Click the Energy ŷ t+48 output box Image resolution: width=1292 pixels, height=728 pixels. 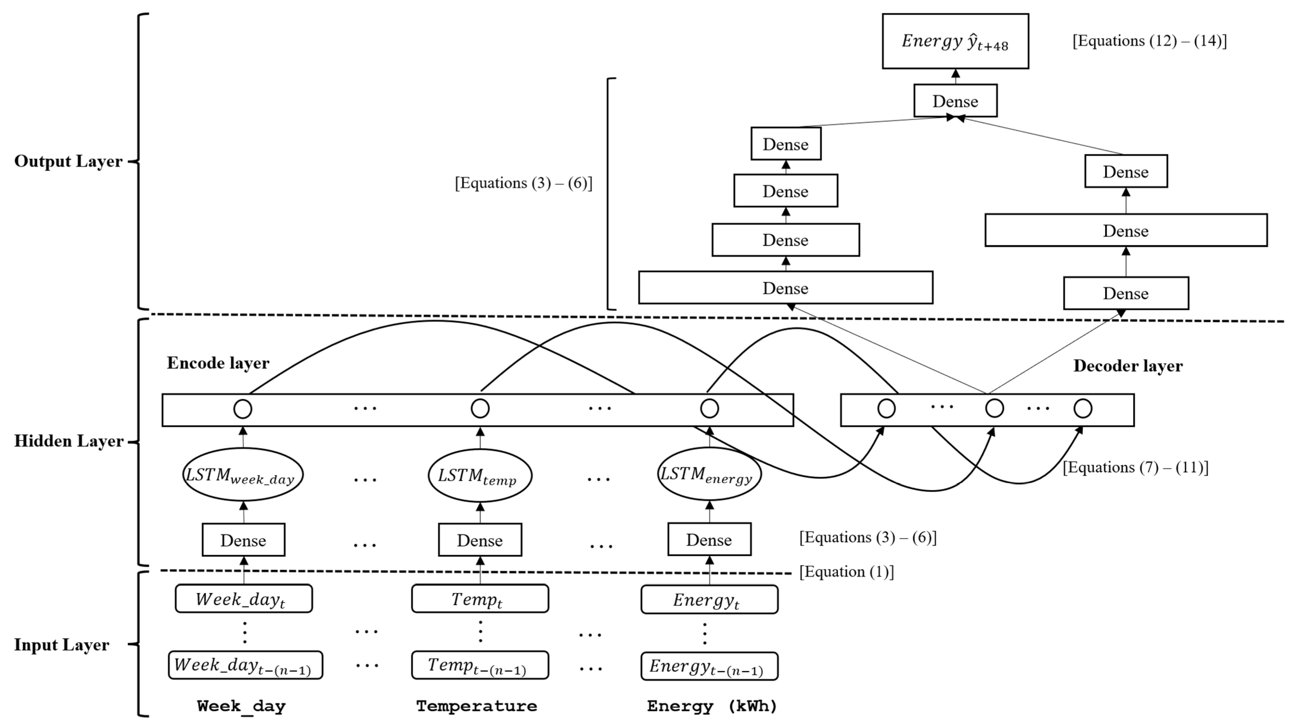(x=955, y=41)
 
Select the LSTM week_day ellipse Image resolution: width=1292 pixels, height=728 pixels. (x=243, y=474)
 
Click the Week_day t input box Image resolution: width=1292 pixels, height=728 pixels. (x=243, y=599)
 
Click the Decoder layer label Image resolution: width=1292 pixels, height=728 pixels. (x=1128, y=366)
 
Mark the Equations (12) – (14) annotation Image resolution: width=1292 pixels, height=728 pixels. (x=1149, y=41)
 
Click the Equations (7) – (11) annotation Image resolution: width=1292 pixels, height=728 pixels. (x=1135, y=467)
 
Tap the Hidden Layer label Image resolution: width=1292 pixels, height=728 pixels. (x=69, y=441)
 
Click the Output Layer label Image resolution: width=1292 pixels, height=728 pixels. (x=68, y=161)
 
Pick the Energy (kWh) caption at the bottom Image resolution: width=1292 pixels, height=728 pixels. (x=712, y=706)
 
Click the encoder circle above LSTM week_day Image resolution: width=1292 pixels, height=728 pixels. (x=243, y=409)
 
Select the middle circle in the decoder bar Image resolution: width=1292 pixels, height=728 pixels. (x=994, y=408)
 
